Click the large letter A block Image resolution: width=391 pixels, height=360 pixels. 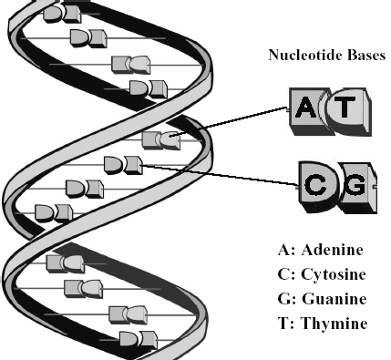pyautogui.click(x=307, y=111)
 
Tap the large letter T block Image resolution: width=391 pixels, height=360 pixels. pyautogui.click(x=348, y=111)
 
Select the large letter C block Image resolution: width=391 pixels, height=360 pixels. pyautogui.click(x=318, y=186)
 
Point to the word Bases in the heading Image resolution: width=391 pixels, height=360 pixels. pyautogui.click(x=366, y=55)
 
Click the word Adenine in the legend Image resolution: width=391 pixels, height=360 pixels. pyautogui.click(x=333, y=250)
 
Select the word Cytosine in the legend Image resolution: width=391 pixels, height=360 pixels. pyautogui.click(x=334, y=274)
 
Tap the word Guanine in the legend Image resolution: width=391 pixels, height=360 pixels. pyautogui.click(x=334, y=299)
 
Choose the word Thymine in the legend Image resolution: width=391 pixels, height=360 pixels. pyautogui.click(x=334, y=324)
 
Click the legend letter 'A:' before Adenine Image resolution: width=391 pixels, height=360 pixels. pyautogui.click(x=286, y=250)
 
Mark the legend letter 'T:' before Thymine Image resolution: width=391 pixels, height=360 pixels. pyautogui.click(x=286, y=323)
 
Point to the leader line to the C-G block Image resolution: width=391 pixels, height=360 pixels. pyautogui.click(x=221, y=175)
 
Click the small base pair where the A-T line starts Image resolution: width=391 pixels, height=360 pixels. pyautogui.click(x=161, y=140)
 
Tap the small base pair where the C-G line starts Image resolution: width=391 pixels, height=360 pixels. pyautogui.click(x=123, y=165)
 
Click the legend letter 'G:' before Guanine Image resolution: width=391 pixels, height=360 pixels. pyautogui.click(x=286, y=299)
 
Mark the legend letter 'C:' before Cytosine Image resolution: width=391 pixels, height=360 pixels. pyautogui.click(x=286, y=274)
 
